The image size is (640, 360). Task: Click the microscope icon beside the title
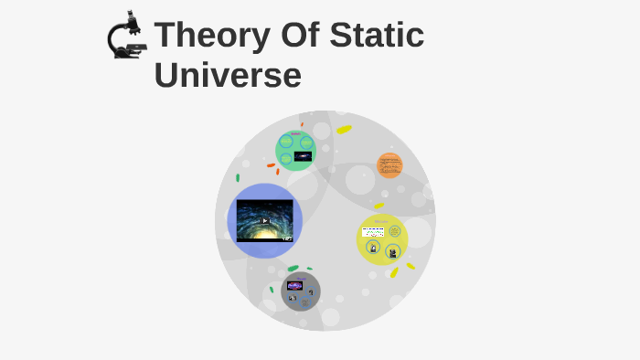[127, 37]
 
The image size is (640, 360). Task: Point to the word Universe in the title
[228, 75]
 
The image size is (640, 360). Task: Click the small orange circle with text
[390, 165]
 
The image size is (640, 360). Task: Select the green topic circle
[295, 150]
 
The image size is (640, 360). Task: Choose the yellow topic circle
[382, 239]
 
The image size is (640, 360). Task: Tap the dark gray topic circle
[301, 291]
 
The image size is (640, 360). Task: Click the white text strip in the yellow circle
[373, 231]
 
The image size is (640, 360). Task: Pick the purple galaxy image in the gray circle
[295, 285]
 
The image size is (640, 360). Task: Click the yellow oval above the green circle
[344, 130]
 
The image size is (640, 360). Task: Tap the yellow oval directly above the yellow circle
[379, 206]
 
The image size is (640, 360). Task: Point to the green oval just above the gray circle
[293, 269]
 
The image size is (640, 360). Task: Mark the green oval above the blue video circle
[238, 177]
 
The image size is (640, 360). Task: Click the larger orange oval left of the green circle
[272, 165]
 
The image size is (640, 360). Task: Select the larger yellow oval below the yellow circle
[394, 272]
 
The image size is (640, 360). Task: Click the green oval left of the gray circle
[272, 289]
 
